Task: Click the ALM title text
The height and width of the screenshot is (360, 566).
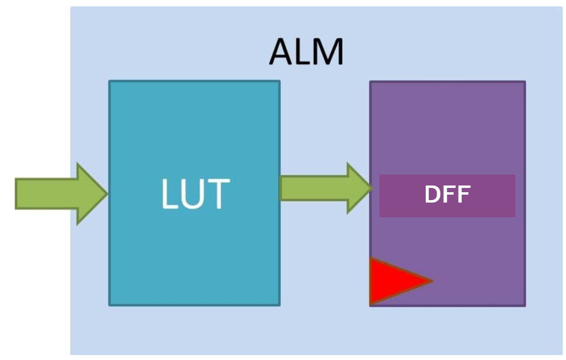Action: (x=307, y=52)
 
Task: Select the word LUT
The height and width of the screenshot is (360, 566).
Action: (x=195, y=194)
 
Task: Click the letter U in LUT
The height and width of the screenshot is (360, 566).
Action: (x=195, y=195)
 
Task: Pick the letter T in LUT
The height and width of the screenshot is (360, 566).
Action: (x=218, y=194)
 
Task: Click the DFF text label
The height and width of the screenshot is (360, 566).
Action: (x=447, y=195)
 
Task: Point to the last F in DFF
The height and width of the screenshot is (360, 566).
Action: (x=463, y=195)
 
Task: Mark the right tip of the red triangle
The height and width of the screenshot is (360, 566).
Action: (x=431, y=281)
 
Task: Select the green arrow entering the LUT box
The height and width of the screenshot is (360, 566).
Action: (x=61, y=193)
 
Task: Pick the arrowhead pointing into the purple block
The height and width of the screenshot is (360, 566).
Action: (x=359, y=188)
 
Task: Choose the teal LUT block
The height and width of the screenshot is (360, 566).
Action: (x=194, y=256)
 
